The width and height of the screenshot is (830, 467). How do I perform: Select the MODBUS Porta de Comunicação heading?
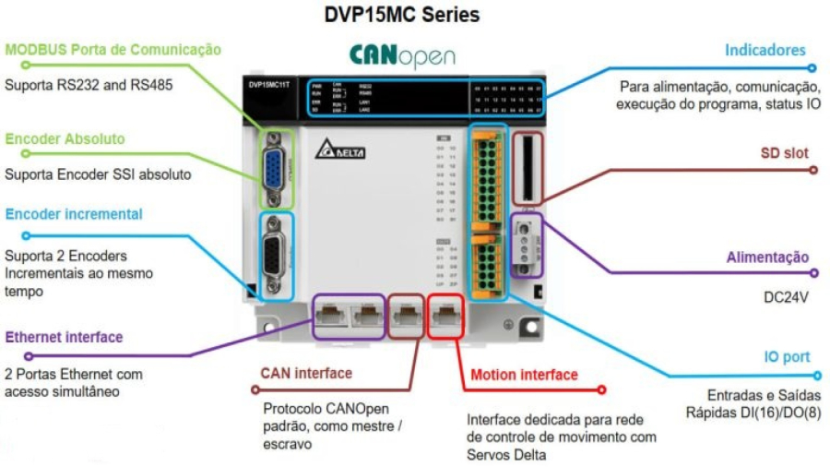[x=113, y=50]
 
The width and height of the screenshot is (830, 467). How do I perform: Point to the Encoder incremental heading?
[x=74, y=214]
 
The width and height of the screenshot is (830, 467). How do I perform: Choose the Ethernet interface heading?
[x=64, y=337]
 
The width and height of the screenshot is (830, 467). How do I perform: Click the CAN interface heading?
[x=305, y=373]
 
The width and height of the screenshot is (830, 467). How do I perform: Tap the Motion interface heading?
[x=524, y=375]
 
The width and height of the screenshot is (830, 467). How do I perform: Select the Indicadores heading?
[x=765, y=51]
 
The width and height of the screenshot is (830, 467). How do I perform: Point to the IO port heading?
[x=786, y=355]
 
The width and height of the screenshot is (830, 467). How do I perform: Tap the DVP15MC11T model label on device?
[x=268, y=84]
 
